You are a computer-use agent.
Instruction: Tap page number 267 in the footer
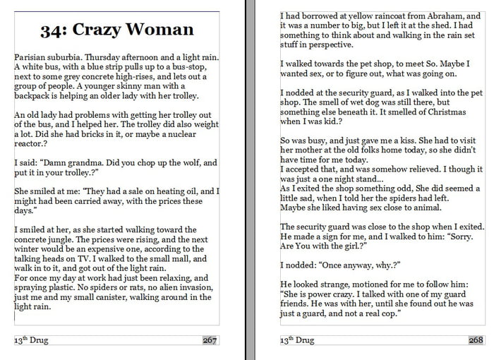coord(210,340)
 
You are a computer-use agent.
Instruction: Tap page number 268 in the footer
coord(476,340)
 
